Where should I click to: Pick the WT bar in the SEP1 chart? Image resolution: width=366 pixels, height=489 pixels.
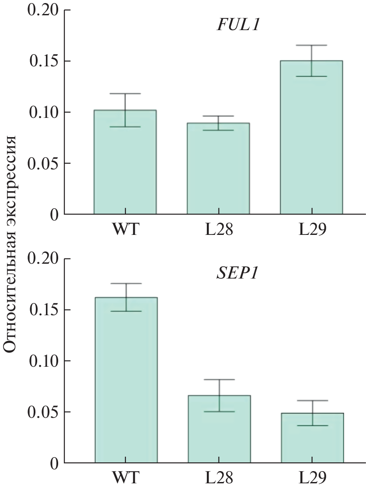[x=126, y=384]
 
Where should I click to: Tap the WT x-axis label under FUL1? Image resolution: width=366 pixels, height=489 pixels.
[x=125, y=230]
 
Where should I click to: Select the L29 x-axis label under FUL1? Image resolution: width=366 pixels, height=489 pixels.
[x=312, y=230]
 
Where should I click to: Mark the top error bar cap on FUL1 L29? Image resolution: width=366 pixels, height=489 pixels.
[x=311, y=45]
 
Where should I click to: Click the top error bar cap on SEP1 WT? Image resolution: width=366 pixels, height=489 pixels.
[x=126, y=283]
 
